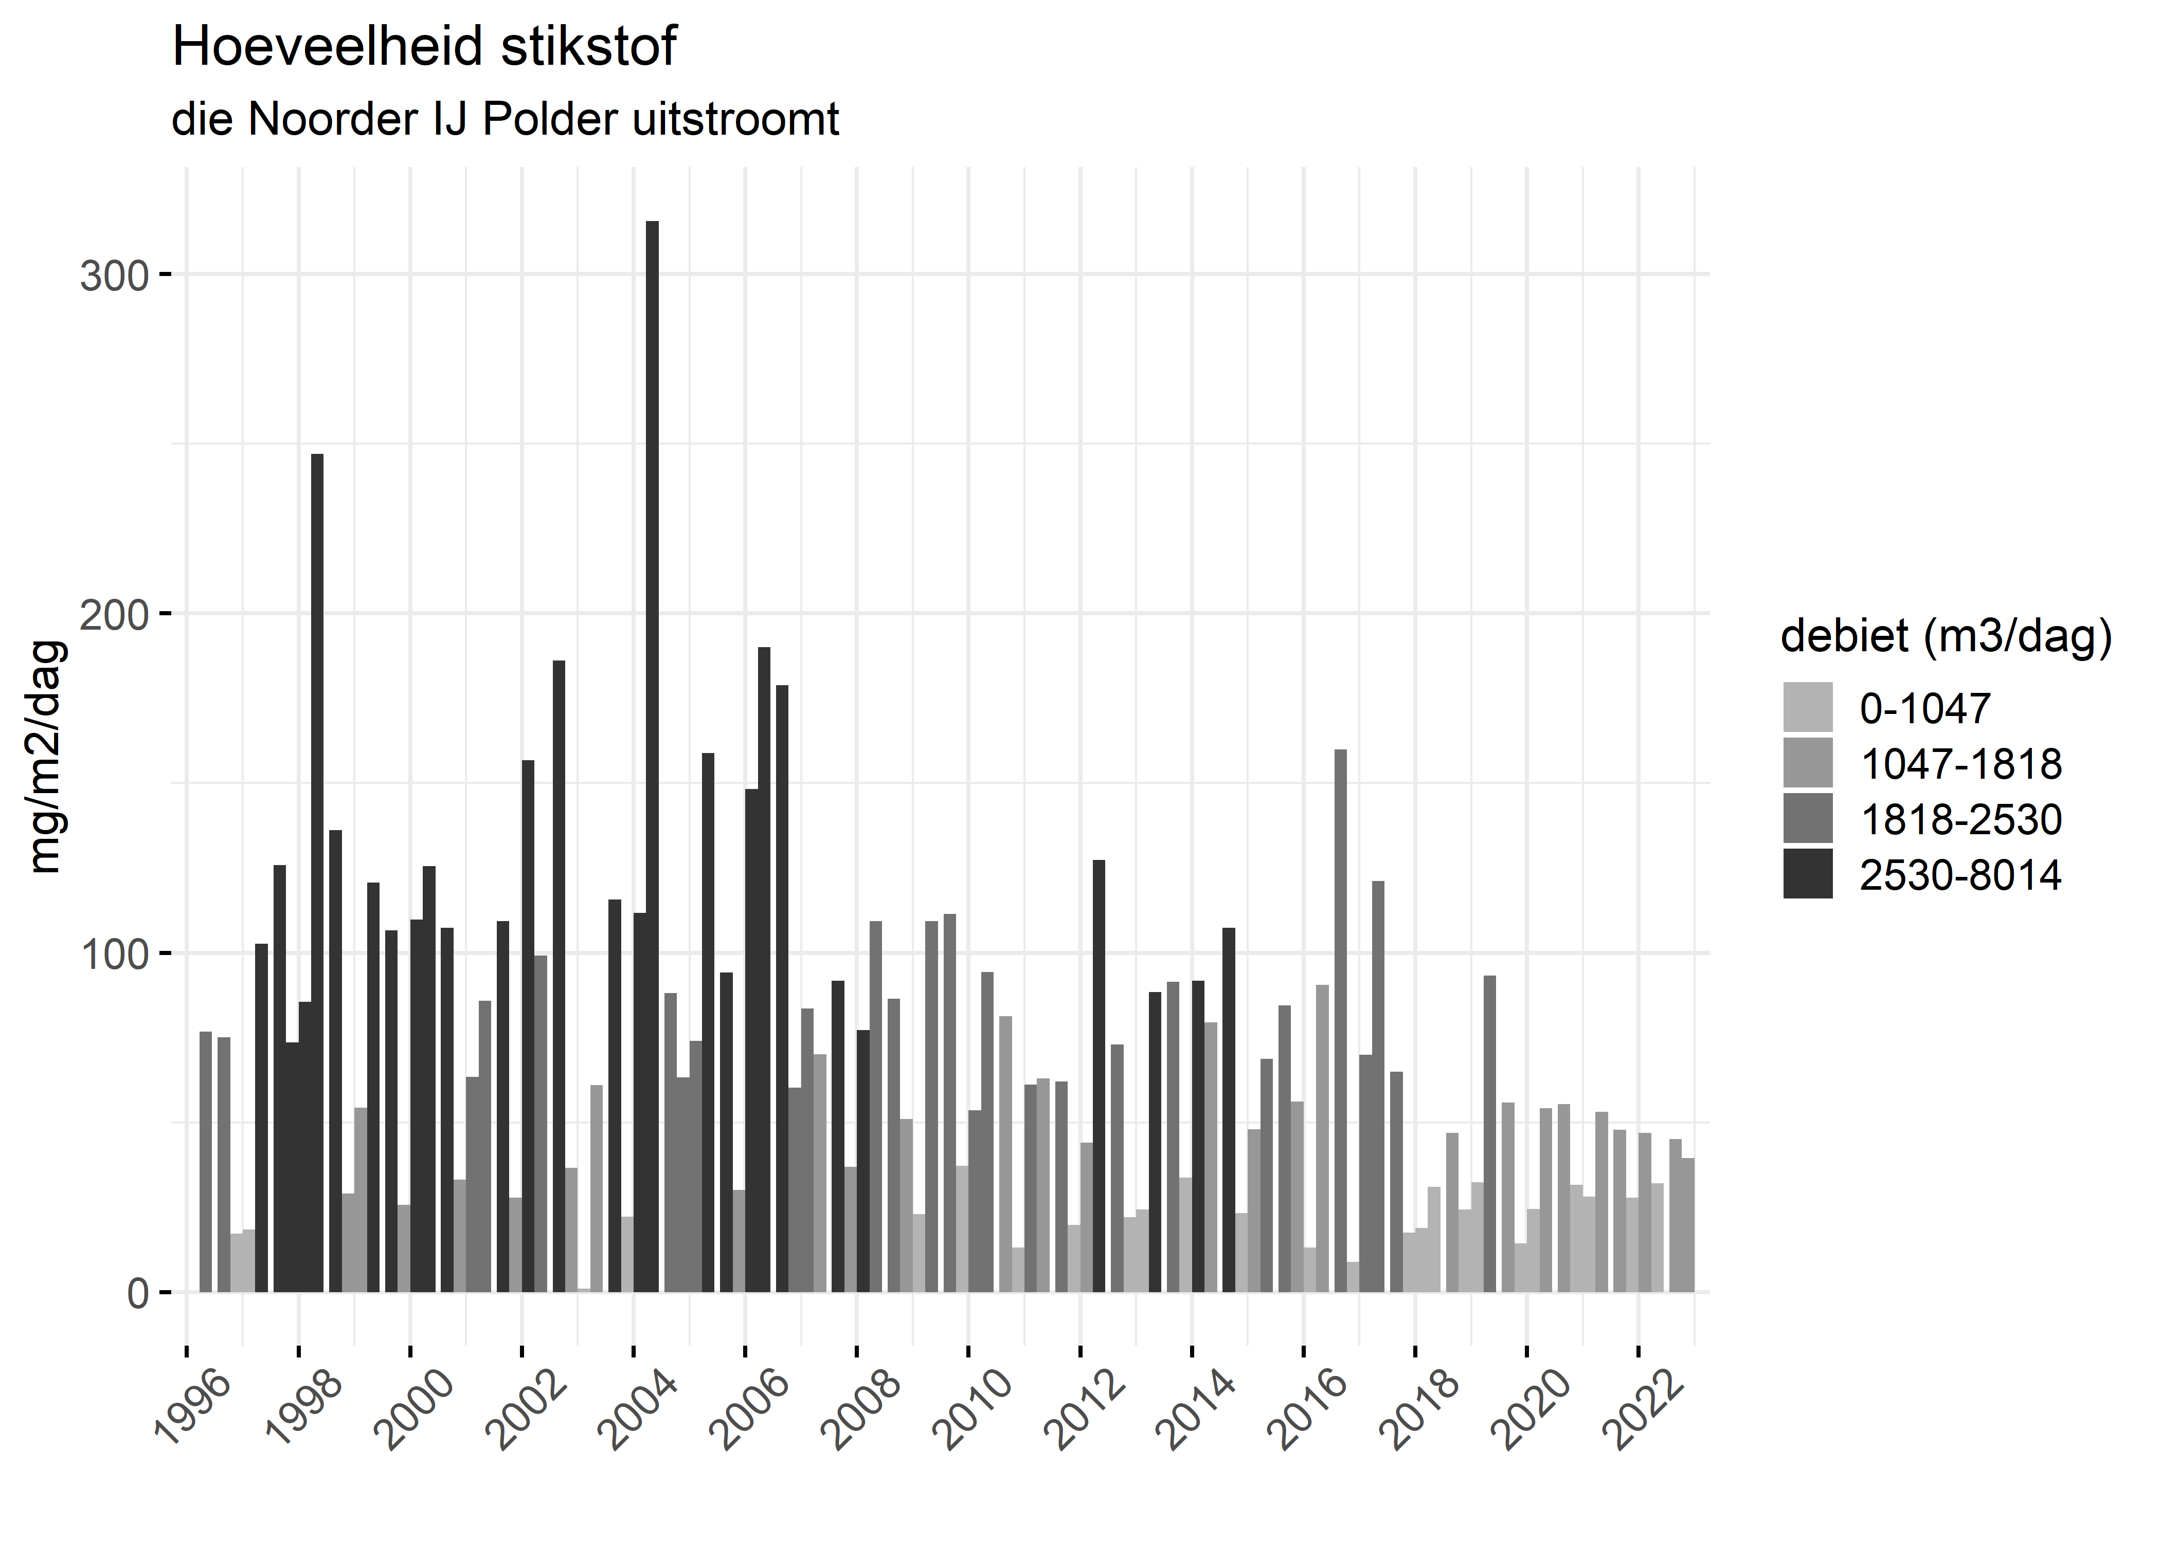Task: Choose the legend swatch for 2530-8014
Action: click(x=1808, y=874)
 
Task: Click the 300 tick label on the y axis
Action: click(x=115, y=277)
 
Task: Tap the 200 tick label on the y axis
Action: click(x=115, y=615)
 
